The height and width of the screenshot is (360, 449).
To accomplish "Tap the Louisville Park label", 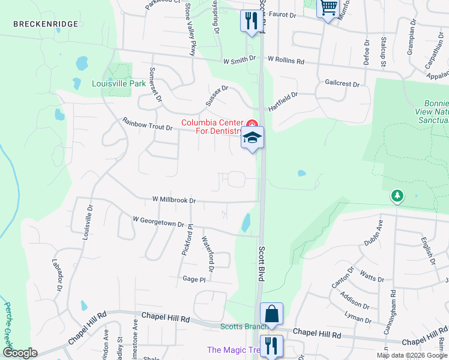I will tap(118, 83).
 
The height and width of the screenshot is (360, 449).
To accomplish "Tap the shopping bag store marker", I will tap(271, 314).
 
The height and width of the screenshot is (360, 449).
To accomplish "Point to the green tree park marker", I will tap(397, 196).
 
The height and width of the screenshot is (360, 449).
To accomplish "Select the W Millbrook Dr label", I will tap(173, 199).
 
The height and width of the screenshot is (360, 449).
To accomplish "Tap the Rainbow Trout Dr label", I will tap(148, 124).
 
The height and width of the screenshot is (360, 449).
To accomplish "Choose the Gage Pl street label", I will tap(194, 279).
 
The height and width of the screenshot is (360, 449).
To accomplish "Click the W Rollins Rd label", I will tap(286, 61).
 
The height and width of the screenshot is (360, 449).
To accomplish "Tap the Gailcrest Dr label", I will tap(342, 84).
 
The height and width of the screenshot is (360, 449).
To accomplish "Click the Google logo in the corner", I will tap(19, 353).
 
